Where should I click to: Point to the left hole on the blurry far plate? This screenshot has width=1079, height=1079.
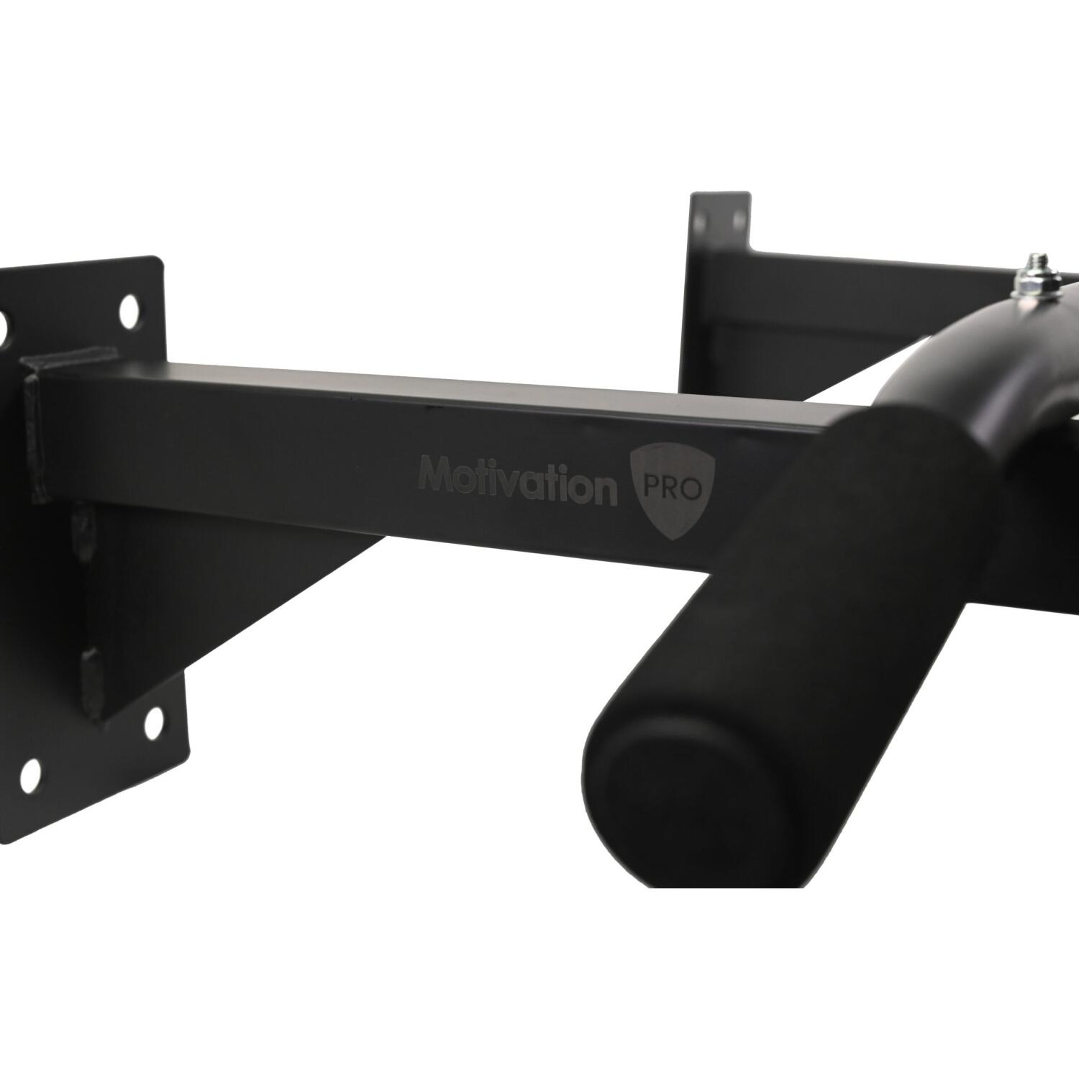(701, 214)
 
